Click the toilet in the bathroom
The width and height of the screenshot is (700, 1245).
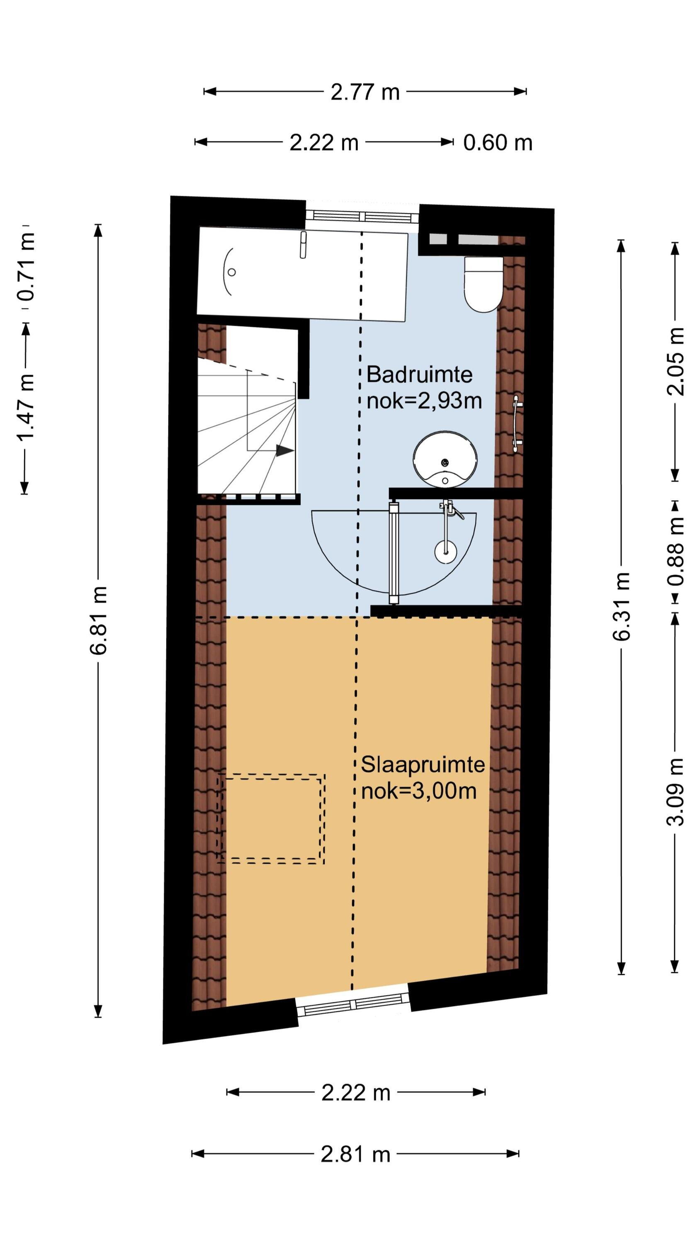(x=483, y=284)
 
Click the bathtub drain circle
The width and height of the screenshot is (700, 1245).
(x=232, y=272)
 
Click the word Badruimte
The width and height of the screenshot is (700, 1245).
(x=419, y=375)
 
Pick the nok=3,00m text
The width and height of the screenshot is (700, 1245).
(x=419, y=791)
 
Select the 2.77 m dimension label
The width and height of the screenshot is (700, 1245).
(x=365, y=92)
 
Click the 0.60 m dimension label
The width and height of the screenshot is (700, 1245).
(x=498, y=143)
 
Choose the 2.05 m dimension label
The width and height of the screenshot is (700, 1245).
(x=676, y=361)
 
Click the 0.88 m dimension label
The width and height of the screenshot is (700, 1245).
(x=676, y=551)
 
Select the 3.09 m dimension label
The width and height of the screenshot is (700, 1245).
(x=676, y=792)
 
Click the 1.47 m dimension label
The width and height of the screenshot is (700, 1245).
(x=26, y=408)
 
